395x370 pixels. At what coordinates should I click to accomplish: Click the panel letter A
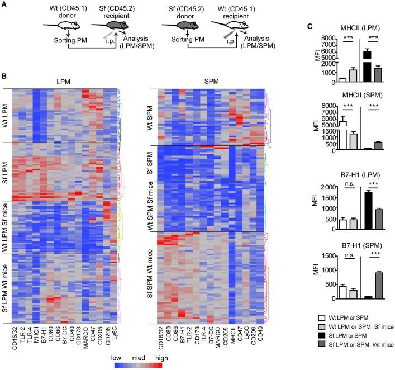click(4, 4)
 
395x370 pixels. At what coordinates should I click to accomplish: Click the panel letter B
click(4, 74)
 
